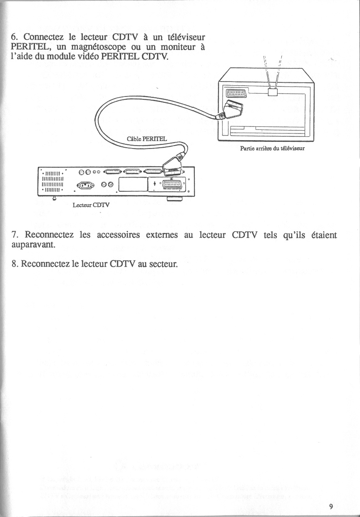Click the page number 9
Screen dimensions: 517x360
tap(331, 506)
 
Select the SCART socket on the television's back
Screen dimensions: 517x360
tap(236, 93)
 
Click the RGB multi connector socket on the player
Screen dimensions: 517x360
tap(174, 184)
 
